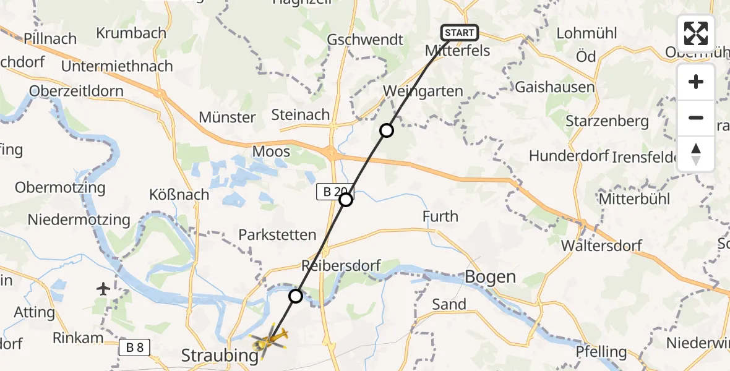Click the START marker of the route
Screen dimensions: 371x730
pyautogui.click(x=459, y=33)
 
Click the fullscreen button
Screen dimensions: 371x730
pyautogui.click(x=696, y=33)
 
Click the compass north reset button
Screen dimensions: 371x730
pyautogui.click(x=696, y=154)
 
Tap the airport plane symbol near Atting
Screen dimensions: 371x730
pyautogui.click(x=104, y=288)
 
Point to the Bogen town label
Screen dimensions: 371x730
pyautogui.click(x=490, y=276)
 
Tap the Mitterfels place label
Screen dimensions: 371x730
pyautogui.click(x=458, y=51)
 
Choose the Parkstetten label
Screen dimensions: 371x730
pyautogui.click(x=278, y=235)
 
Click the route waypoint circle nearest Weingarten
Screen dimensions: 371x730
pyautogui.click(x=386, y=130)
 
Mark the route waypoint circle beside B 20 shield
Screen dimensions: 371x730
pyautogui.click(x=346, y=200)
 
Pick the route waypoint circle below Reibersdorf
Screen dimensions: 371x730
pyautogui.click(x=296, y=296)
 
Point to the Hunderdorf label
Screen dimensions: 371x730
pyautogui.click(x=569, y=156)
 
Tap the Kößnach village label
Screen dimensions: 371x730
pyautogui.click(x=179, y=195)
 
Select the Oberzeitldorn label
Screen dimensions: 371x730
pyautogui.click(x=77, y=92)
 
